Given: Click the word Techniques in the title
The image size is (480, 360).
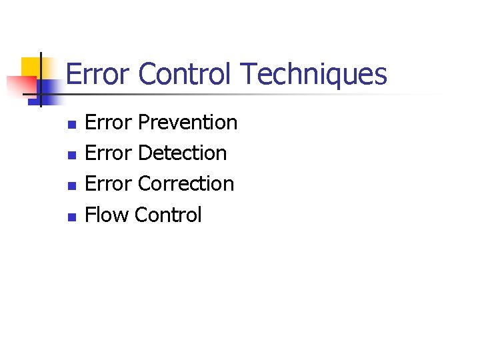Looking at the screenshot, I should [x=313, y=75].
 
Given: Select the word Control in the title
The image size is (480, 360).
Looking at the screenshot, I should [x=185, y=74].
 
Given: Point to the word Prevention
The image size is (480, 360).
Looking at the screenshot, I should [x=187, y=123].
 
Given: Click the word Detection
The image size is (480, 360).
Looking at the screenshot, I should [x=182, y=153].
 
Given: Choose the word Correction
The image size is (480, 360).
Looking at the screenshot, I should [x=186, y=184].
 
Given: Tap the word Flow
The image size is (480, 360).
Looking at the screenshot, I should [x=107, y=215].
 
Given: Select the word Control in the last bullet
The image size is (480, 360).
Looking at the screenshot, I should [x=168, y=215].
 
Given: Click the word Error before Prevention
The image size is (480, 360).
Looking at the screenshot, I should [x=109, y=123].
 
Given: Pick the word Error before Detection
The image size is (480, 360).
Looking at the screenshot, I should [x=109, y=153].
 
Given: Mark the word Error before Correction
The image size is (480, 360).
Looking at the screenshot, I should [x=109, y=184].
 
